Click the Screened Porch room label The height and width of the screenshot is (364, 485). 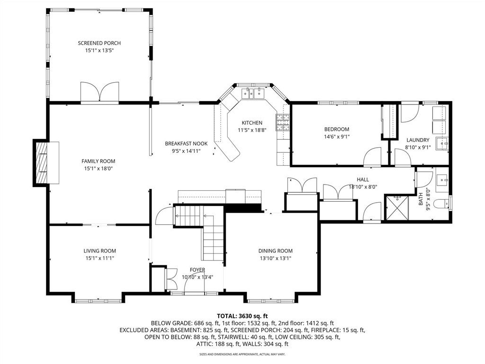pyautogui.click(x=99, y=43)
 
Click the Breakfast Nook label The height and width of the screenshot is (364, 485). pyautogui.click(x=186, y=144)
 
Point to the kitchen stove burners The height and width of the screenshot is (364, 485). pyautogui.click(x=283, y=122)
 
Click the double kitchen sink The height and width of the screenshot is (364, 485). pyautogui.click(x=253, y=93)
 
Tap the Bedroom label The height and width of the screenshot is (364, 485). pyautogui.click(x=337, y=129)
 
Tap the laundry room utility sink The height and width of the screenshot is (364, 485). pyautogui.click(x=442, y=144)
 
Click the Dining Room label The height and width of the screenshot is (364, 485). pyautogui.click(x=275, y=251)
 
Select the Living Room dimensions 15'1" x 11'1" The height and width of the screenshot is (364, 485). pyautogui.click(x=100, y=258)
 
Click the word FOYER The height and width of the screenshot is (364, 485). pyautogui.click(x=197, y=270)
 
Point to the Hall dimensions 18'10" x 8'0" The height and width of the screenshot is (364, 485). pyautogui.click(x=363, y=187)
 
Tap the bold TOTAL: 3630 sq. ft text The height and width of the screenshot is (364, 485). pyautogui.click(x=242, y=316)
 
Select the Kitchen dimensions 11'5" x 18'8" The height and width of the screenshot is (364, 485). pyautogui.click(x=252, y=130)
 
